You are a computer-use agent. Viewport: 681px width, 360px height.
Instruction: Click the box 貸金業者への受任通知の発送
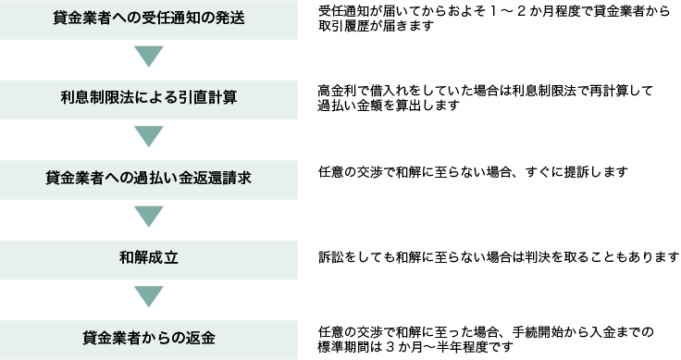(148, 19)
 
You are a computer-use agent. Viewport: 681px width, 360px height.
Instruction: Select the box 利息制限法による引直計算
(148, 98)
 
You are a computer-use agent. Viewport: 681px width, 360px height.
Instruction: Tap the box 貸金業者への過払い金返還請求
(148, 179)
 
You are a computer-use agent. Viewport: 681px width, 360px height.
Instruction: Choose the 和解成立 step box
(148, 259)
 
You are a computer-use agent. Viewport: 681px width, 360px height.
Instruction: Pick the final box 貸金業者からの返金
(148, 339)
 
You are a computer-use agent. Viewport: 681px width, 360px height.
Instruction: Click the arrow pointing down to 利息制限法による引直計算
(148, 57)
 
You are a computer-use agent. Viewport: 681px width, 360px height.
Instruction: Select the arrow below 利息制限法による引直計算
(148, 138)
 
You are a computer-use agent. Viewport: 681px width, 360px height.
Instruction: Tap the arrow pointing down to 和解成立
(148, 217)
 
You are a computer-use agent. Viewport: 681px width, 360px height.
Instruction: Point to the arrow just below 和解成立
(148, 298)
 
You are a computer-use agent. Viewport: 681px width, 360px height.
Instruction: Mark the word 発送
(230, 19)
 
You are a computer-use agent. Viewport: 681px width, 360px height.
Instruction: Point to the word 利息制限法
(96, 98)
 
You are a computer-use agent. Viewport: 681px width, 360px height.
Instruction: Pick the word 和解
(134, 259)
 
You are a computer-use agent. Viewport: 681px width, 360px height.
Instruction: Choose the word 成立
(164, 259)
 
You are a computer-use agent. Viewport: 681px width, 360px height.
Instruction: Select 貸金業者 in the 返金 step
(111, 339)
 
